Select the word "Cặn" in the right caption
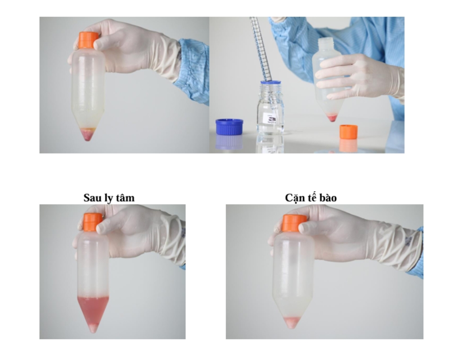[x=294, y=198]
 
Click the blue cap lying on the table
[x=229, y=126]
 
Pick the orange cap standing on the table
[x=348, y=132]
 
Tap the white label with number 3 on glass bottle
[x=270, y=118]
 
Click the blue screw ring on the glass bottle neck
[x=270, y=83]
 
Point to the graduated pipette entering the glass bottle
[x=261, y=49]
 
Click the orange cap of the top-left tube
[x=88, y=40]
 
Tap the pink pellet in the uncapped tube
[x=332, y=117]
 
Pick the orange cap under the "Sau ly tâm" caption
[x=93, y=222]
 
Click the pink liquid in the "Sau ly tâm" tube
[x=93, y=310]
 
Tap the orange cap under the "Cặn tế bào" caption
[x=294, y=223]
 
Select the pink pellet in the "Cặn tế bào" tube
[x=292, y=322]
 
